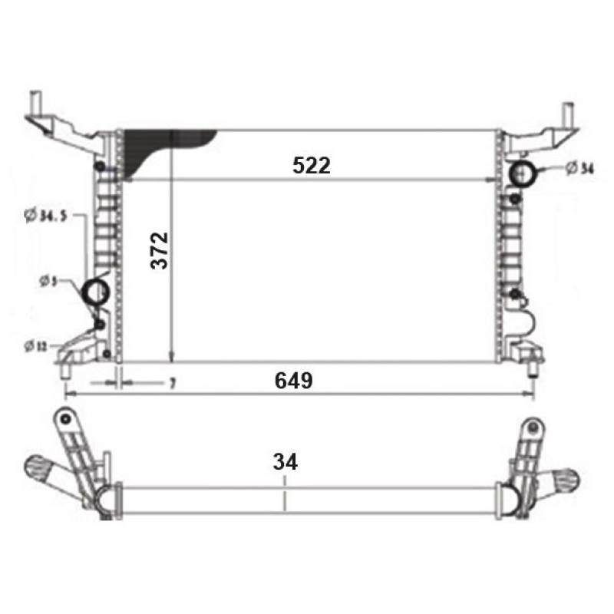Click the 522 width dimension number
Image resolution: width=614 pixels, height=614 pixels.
click(x=311, y=165)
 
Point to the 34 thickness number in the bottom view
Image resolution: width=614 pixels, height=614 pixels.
click(x=285, y=462)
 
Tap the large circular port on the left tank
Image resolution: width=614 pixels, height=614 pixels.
click(x=96, y=292)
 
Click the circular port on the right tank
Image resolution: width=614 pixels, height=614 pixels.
click(x=524, y=174)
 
